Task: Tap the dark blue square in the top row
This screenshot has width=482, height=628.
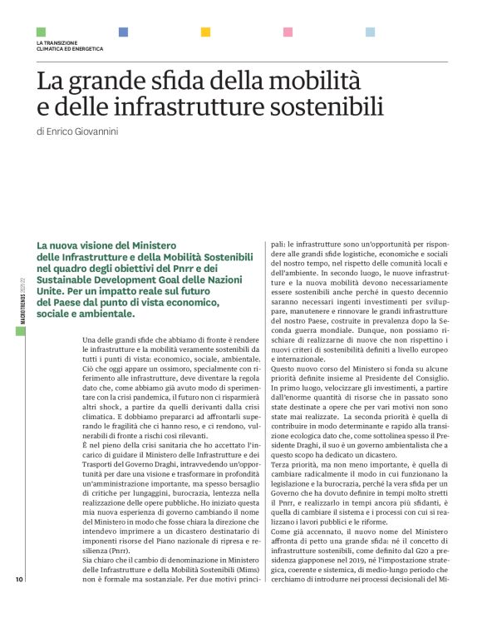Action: [x=124, y=32]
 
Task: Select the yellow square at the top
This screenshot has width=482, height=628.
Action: [x=206, y=32]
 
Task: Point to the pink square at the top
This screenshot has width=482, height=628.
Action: [x=288, y=32]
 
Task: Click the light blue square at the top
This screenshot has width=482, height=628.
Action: [x=370, y=32]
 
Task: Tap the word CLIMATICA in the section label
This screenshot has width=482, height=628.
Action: [x=53, y=48]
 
